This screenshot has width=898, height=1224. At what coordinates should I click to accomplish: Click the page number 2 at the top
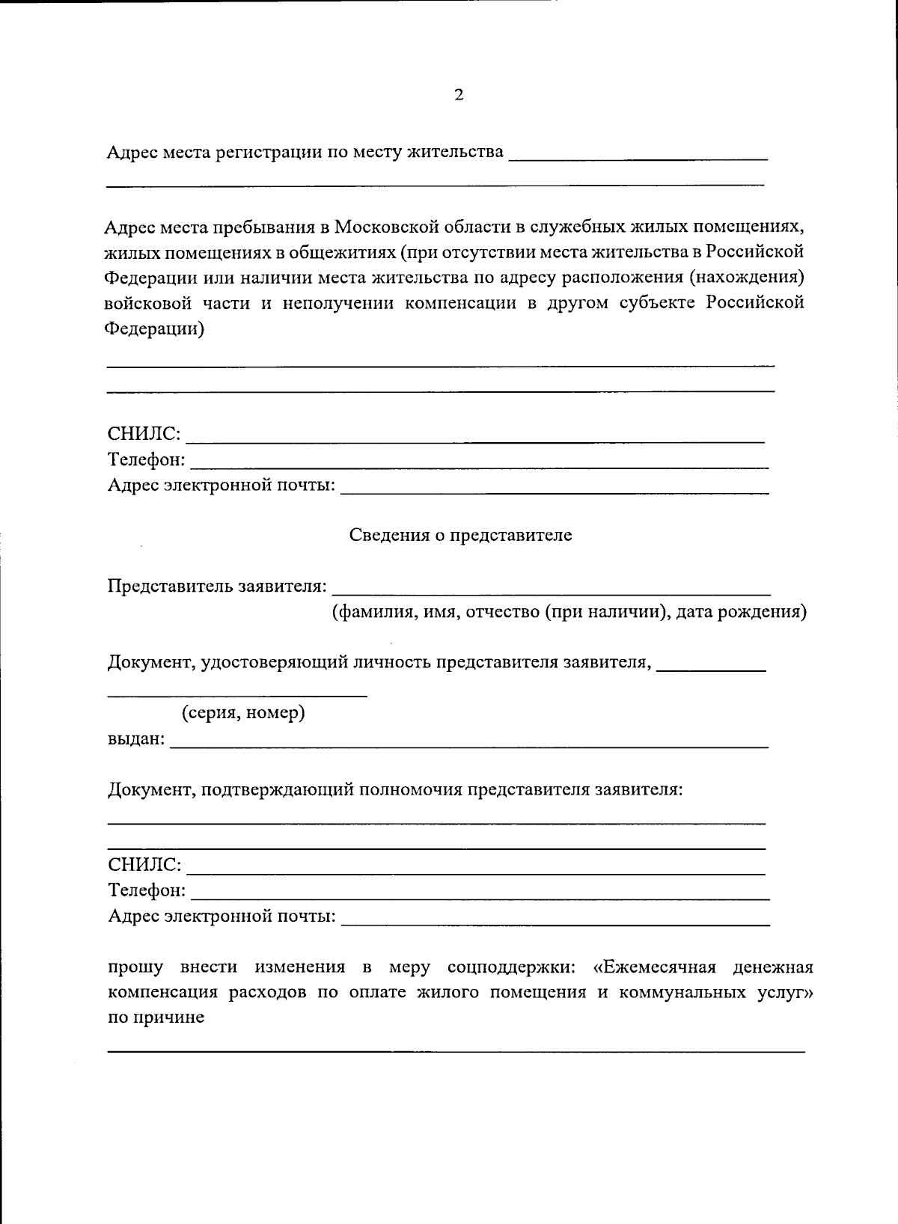click(x=459, y=95)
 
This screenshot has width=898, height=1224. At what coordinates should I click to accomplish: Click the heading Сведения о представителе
click(x=460, y=536)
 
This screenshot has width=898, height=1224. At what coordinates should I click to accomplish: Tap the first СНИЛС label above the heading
click(x=144, y=434)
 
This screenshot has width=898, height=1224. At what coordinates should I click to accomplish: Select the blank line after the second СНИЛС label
click(x=475, y=872)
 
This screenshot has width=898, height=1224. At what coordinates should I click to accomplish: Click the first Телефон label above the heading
click(x=147, y=459)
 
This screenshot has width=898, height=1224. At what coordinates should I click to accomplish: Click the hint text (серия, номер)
click(x=244, y=713)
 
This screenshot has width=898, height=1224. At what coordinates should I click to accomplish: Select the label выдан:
click(x=136, y=739)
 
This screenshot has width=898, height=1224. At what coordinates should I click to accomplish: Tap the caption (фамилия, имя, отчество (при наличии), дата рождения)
click(x=569, y=612)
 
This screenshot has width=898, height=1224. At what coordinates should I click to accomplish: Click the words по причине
click(x=156, y=1018)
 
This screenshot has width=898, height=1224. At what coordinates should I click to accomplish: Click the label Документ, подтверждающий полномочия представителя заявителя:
click(x=395, y=790)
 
